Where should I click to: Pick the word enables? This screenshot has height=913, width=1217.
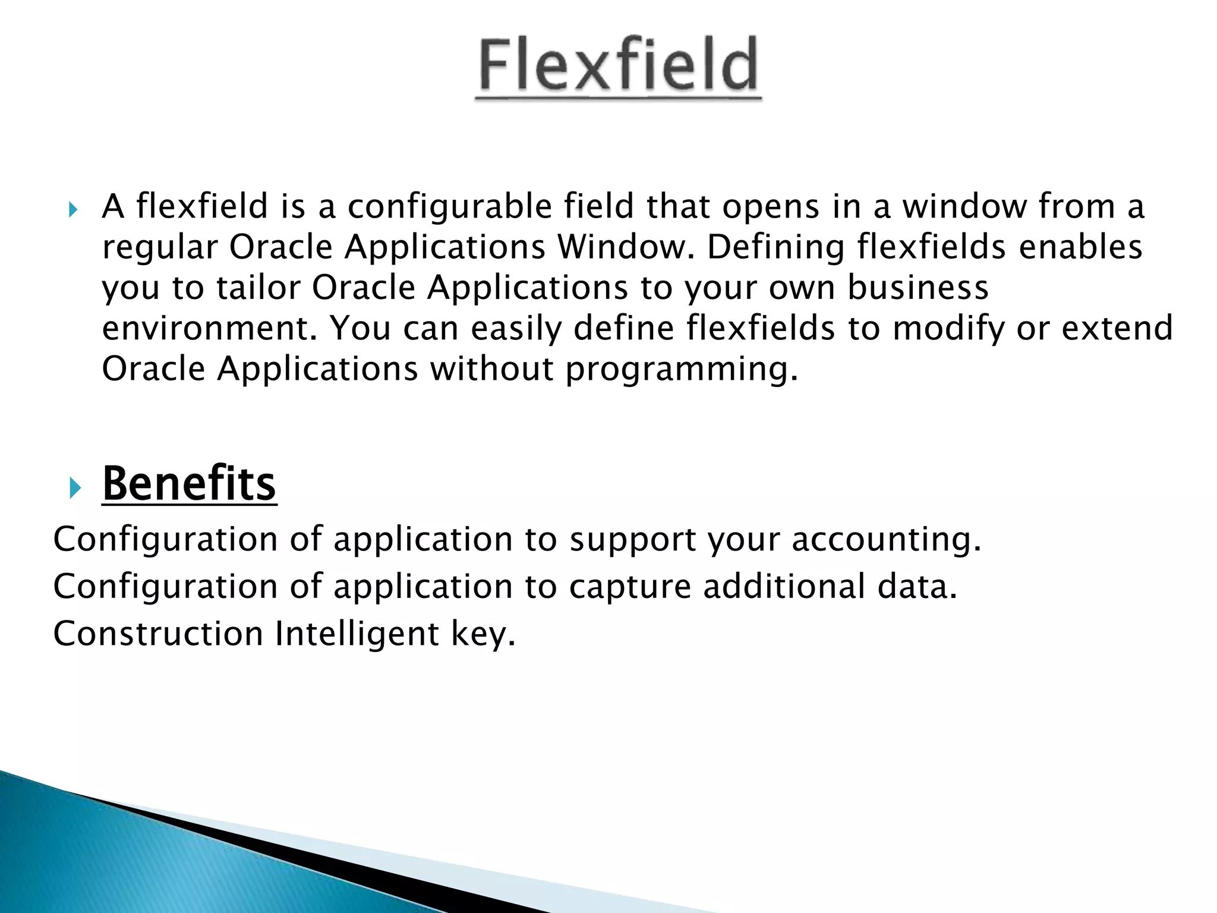click(1080, 247)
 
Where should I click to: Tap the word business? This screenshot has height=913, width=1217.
click(918, 288)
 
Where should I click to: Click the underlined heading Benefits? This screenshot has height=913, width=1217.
click(189, 484)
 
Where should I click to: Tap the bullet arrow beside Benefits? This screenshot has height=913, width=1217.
click(74, 489)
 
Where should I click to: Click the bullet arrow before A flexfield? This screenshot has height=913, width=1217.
click(73, 209)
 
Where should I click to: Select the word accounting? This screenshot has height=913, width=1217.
click(885, 540)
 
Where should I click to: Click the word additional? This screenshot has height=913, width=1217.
click(784, 586)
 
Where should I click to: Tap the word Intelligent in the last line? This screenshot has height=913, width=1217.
click(357, 634)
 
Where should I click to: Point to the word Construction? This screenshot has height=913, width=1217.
click(158, 634)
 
